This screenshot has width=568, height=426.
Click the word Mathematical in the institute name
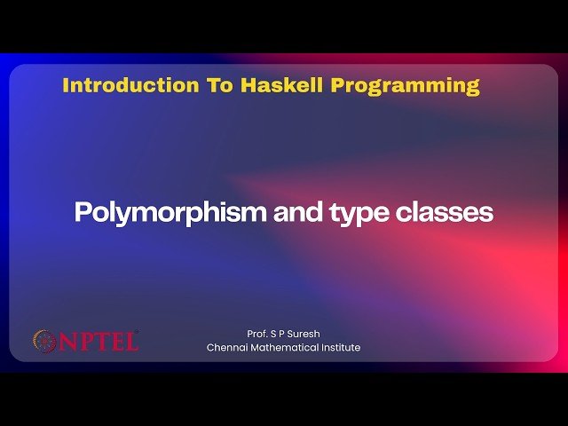287,347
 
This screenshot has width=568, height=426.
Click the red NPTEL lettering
99,341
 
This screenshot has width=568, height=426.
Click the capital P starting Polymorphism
81,214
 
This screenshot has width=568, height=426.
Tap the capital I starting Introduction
67,86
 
